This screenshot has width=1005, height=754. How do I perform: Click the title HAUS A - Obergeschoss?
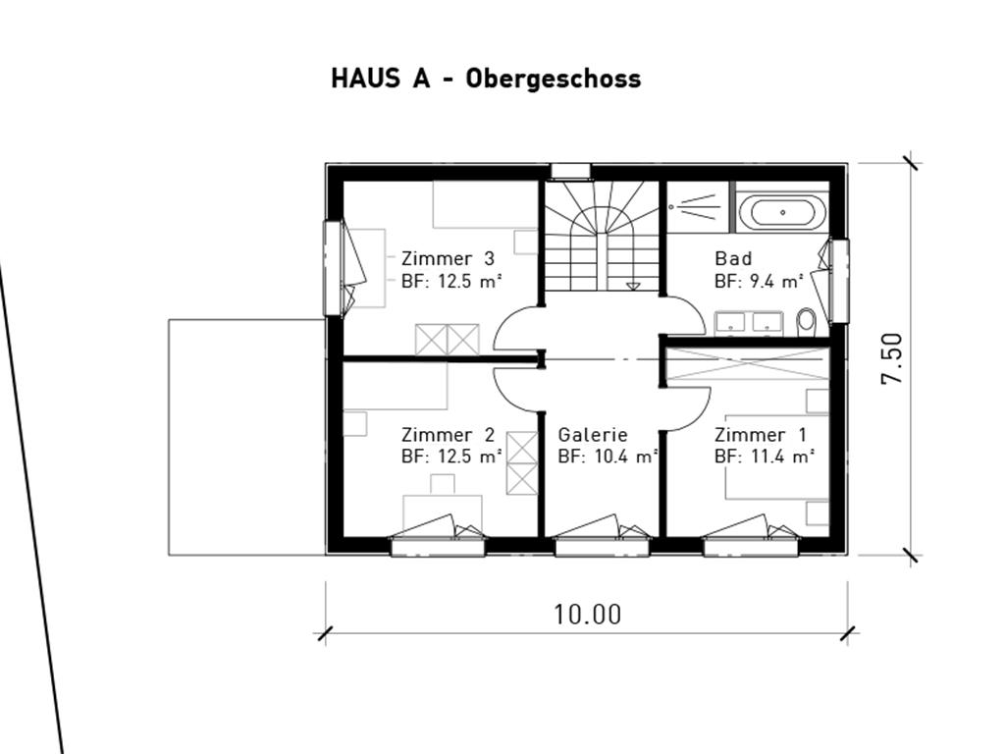486,79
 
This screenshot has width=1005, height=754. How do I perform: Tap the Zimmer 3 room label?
448,258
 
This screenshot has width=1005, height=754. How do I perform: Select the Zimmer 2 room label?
448,435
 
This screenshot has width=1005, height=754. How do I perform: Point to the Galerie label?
592,435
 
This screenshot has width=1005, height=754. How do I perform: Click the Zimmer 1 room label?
761,435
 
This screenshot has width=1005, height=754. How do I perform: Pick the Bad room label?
733,258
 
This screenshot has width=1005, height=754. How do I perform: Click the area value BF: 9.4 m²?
759,281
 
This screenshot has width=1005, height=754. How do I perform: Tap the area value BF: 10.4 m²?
608,457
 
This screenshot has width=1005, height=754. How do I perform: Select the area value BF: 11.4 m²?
764,457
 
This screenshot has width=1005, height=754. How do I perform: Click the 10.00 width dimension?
587,615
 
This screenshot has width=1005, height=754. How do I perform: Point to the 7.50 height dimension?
892,358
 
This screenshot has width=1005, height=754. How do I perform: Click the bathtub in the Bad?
782,212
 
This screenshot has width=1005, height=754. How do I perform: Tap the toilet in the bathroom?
807,322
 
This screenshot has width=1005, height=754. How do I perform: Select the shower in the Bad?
698,206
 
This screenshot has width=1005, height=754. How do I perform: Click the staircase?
602,236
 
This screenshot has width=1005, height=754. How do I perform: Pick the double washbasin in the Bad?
749,323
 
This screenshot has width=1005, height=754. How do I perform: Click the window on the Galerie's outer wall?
602,547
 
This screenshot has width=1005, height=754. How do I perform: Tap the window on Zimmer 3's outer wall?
332,268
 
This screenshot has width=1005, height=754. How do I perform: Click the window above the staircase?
570,171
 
